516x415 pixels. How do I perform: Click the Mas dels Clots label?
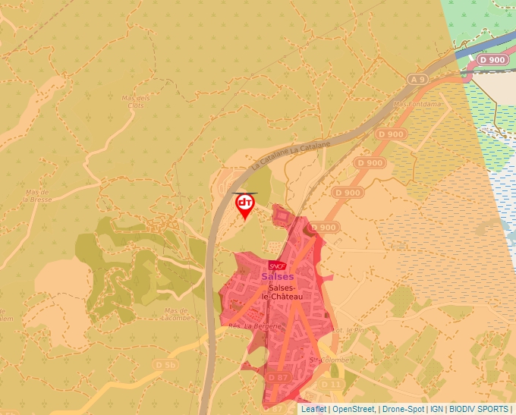136,101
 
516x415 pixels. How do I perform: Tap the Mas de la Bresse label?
37,196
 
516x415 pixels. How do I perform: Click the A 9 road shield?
417,78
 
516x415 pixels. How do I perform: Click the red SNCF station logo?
277,266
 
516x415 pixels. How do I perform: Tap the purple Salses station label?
277,277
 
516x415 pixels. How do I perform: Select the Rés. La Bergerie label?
255,326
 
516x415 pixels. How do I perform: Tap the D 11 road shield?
331,385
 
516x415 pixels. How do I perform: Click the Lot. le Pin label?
351,330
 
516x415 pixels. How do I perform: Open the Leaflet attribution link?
313,409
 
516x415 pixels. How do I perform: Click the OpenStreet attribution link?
353,409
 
